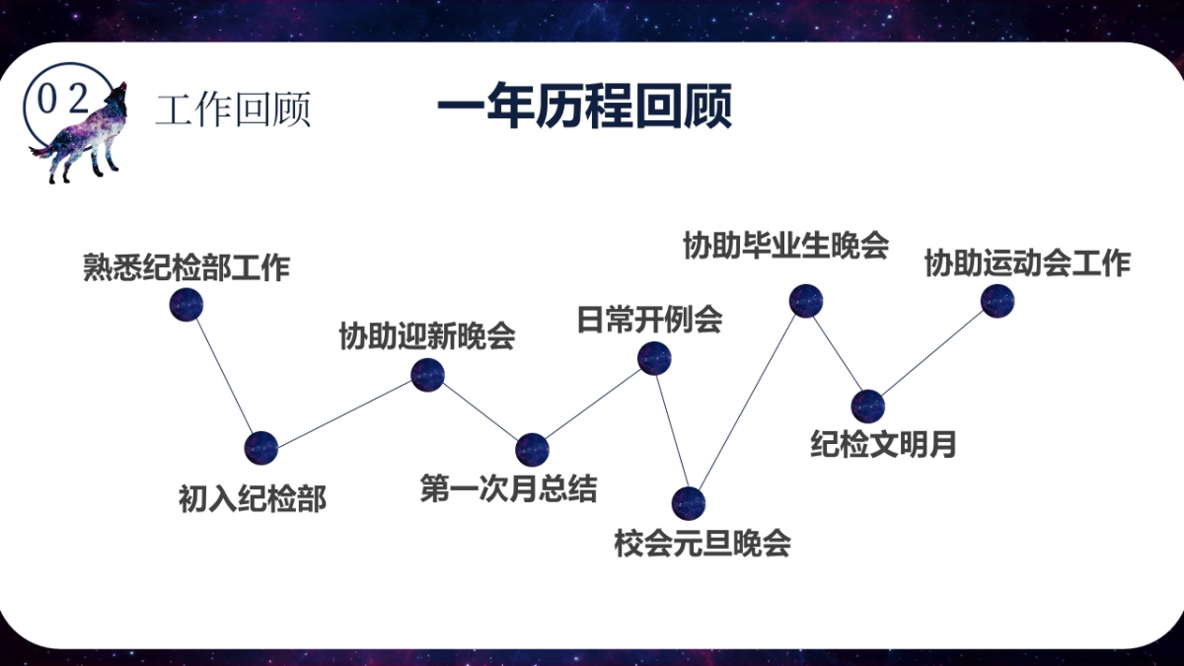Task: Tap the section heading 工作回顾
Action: coord(233,110)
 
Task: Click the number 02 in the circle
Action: coord(61,99)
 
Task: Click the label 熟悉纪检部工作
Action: coord(186,267)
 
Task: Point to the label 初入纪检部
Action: coord(252,499)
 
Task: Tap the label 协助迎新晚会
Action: coord(427,335)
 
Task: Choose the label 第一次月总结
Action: coord(508,488)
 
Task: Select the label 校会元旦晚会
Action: coord(703,543)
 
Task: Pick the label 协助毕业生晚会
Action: coord(785,245)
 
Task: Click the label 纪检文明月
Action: coord(884,444)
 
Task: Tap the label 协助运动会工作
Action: coord(1027,264)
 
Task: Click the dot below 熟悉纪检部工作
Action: coord(185,304)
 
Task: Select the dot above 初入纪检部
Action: coord(261,448)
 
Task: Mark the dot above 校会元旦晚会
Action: coord(689,503)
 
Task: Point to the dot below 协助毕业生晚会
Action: coord(806,300)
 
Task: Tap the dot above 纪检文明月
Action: coord(867,406)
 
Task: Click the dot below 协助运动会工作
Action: coord(998,300)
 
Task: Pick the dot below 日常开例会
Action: coord(654,358)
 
